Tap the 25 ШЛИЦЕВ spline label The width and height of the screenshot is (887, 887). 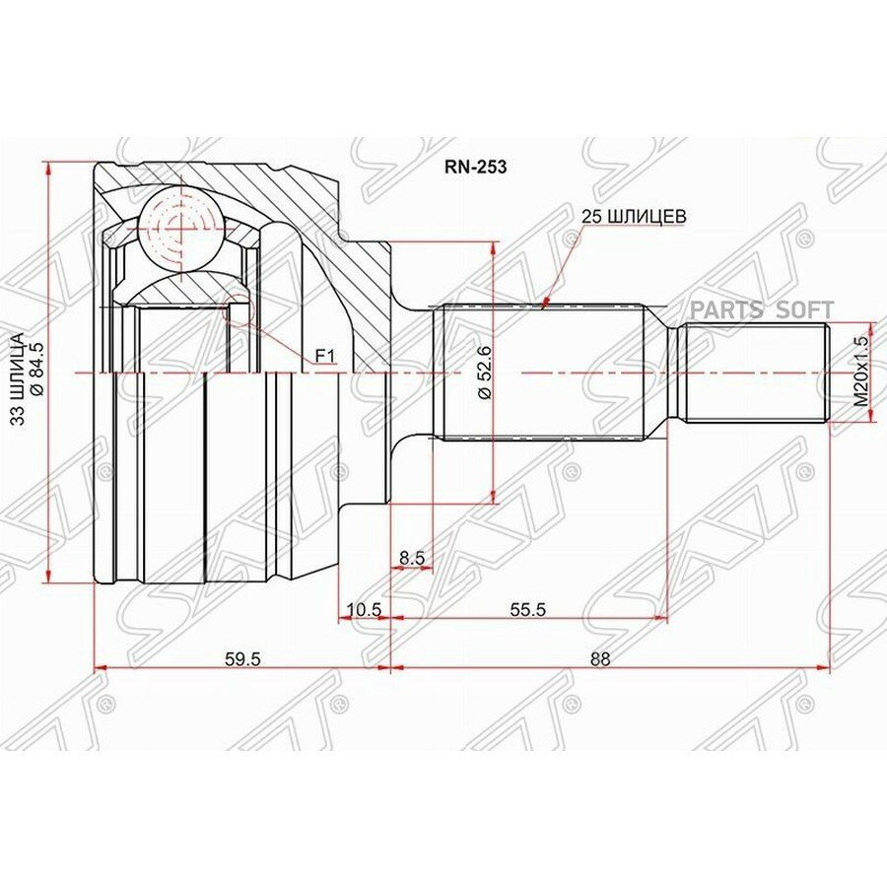(x=635, y=216)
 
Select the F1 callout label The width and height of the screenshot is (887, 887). (x=325, y=357)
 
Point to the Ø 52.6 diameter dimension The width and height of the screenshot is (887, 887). (x=484, y=374)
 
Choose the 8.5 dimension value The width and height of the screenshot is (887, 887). (x=412, y=557)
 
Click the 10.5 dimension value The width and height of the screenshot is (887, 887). (x=365, y=609)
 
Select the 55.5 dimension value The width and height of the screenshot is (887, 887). (x=527, y=609)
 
